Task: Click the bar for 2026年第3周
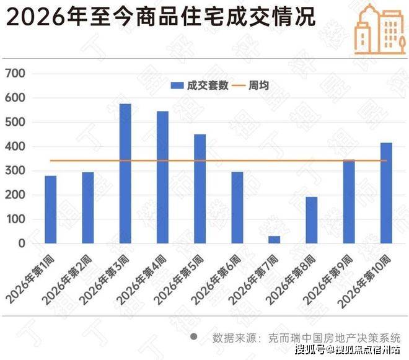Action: click(125, 173)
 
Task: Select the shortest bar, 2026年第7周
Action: click(275, 240)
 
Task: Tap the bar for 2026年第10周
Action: click(386, 193)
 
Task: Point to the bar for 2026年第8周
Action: click(311, 220)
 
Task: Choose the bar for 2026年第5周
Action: click(200, 188)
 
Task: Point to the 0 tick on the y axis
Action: click(20, 244)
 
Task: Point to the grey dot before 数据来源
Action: click(193, 336)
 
